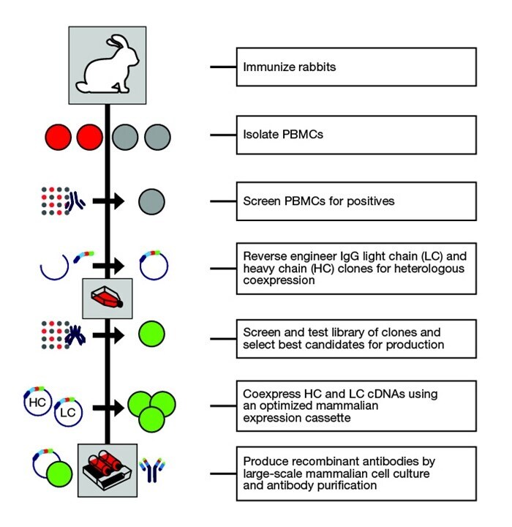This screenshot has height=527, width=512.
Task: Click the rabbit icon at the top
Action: pos(108,65)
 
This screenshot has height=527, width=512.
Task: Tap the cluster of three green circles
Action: pos(151,407)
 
